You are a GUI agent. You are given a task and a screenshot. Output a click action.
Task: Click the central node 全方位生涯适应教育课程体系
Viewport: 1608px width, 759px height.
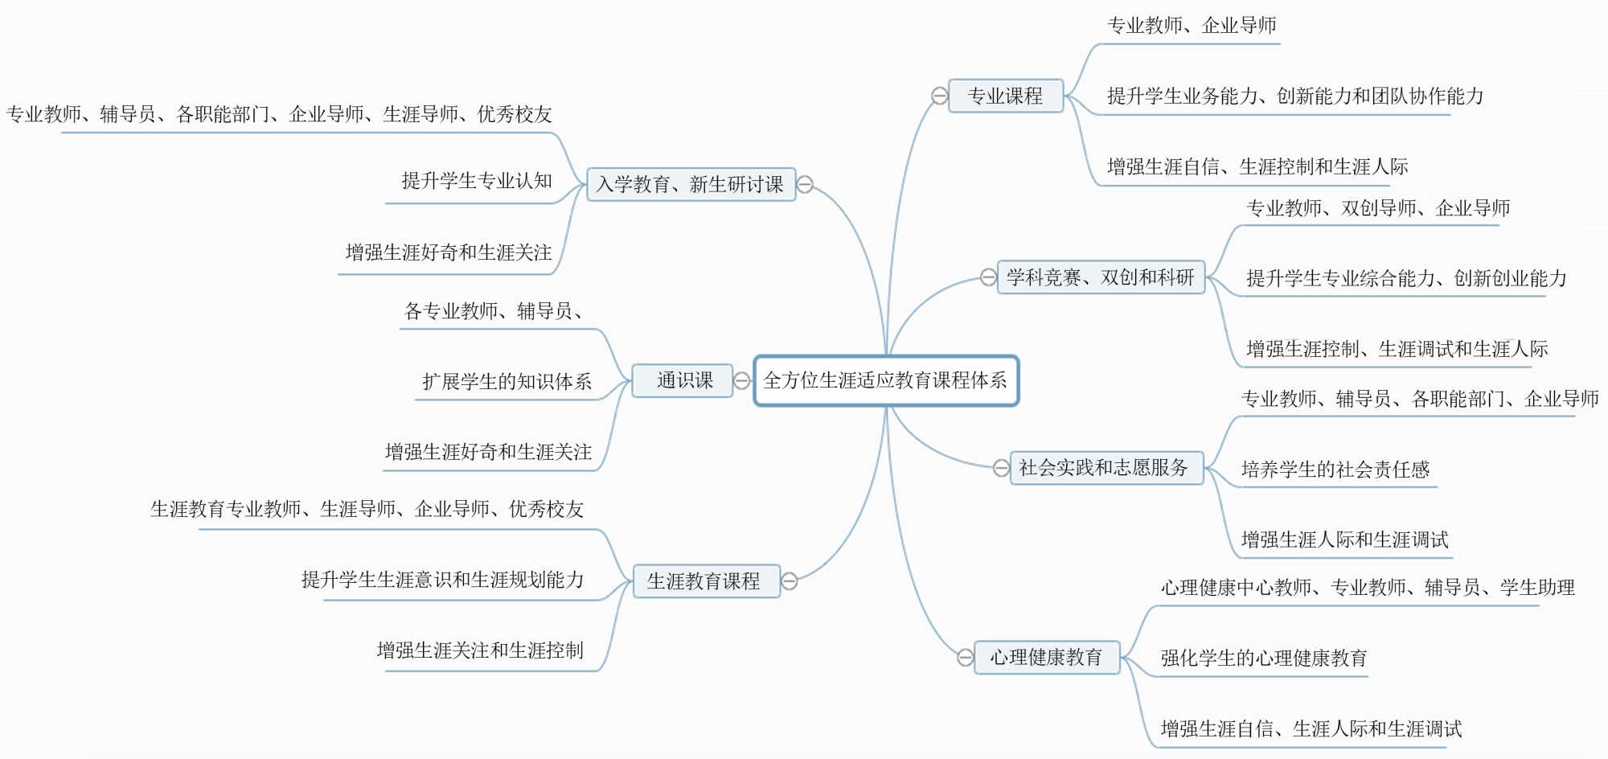pyautogui.click(x=886, y=380)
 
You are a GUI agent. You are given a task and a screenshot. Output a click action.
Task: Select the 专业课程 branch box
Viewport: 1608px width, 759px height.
pyautogui.click(x=1006, y=96)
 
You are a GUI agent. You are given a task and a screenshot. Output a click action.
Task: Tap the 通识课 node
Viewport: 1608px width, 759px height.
pyautogui.click(x=683, y=380)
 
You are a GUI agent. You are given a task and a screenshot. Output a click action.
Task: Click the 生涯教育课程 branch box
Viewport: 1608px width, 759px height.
pyautogui.click(x=705, y=581)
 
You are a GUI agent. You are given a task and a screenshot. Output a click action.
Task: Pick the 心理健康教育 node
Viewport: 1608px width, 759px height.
pyautogui.click(x=1046, y=658)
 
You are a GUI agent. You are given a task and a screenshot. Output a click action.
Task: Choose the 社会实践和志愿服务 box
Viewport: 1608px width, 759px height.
pyautogui.click(x=1105, y=468)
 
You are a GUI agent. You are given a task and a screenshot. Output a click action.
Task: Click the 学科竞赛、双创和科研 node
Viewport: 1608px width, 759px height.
pyautogui.click(x=1101, y=277)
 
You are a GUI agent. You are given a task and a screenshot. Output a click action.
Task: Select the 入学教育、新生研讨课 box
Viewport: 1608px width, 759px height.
pyautogui.click(x=691, y=184)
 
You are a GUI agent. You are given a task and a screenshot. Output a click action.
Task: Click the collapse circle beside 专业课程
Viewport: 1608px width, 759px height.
pyautogui.click(x=939, y=96)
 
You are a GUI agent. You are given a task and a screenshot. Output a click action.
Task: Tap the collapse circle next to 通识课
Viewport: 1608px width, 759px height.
pyautogui.click(x=742, y=380)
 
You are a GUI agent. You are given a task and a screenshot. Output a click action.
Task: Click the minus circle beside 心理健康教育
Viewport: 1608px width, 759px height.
pyautogui.click(x=966, y=658)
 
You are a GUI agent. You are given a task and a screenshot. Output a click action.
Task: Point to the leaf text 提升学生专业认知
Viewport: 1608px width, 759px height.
pyautogui.click(x=477, y=181)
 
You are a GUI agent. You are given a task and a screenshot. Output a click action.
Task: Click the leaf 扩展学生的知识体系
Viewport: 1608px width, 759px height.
pyautogui.click(x=507, y=381)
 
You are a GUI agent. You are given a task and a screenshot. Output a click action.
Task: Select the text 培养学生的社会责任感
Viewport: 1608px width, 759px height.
pyautogui.click(x=1335, y=470)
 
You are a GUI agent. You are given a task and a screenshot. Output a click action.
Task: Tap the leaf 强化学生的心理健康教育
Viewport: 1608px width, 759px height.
pyautogui.click(x=1264, y=658)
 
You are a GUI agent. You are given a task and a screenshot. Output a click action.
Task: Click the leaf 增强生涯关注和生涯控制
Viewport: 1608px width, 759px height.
pyautogui.click(x=480, y=650)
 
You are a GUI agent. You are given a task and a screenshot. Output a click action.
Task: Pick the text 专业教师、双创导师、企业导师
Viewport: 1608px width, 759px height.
pyautogui.click(x=1378, y=208)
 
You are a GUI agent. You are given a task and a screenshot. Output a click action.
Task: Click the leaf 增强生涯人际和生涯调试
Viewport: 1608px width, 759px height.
pyautogui.click(x=1344, y=540)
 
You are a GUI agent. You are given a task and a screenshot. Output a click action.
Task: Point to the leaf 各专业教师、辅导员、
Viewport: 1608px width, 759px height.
pyautogui.click(x=494, y=311)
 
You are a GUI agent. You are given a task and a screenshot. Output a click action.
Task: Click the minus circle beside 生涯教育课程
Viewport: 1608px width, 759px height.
pyautogui.click(x=790, y=581)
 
